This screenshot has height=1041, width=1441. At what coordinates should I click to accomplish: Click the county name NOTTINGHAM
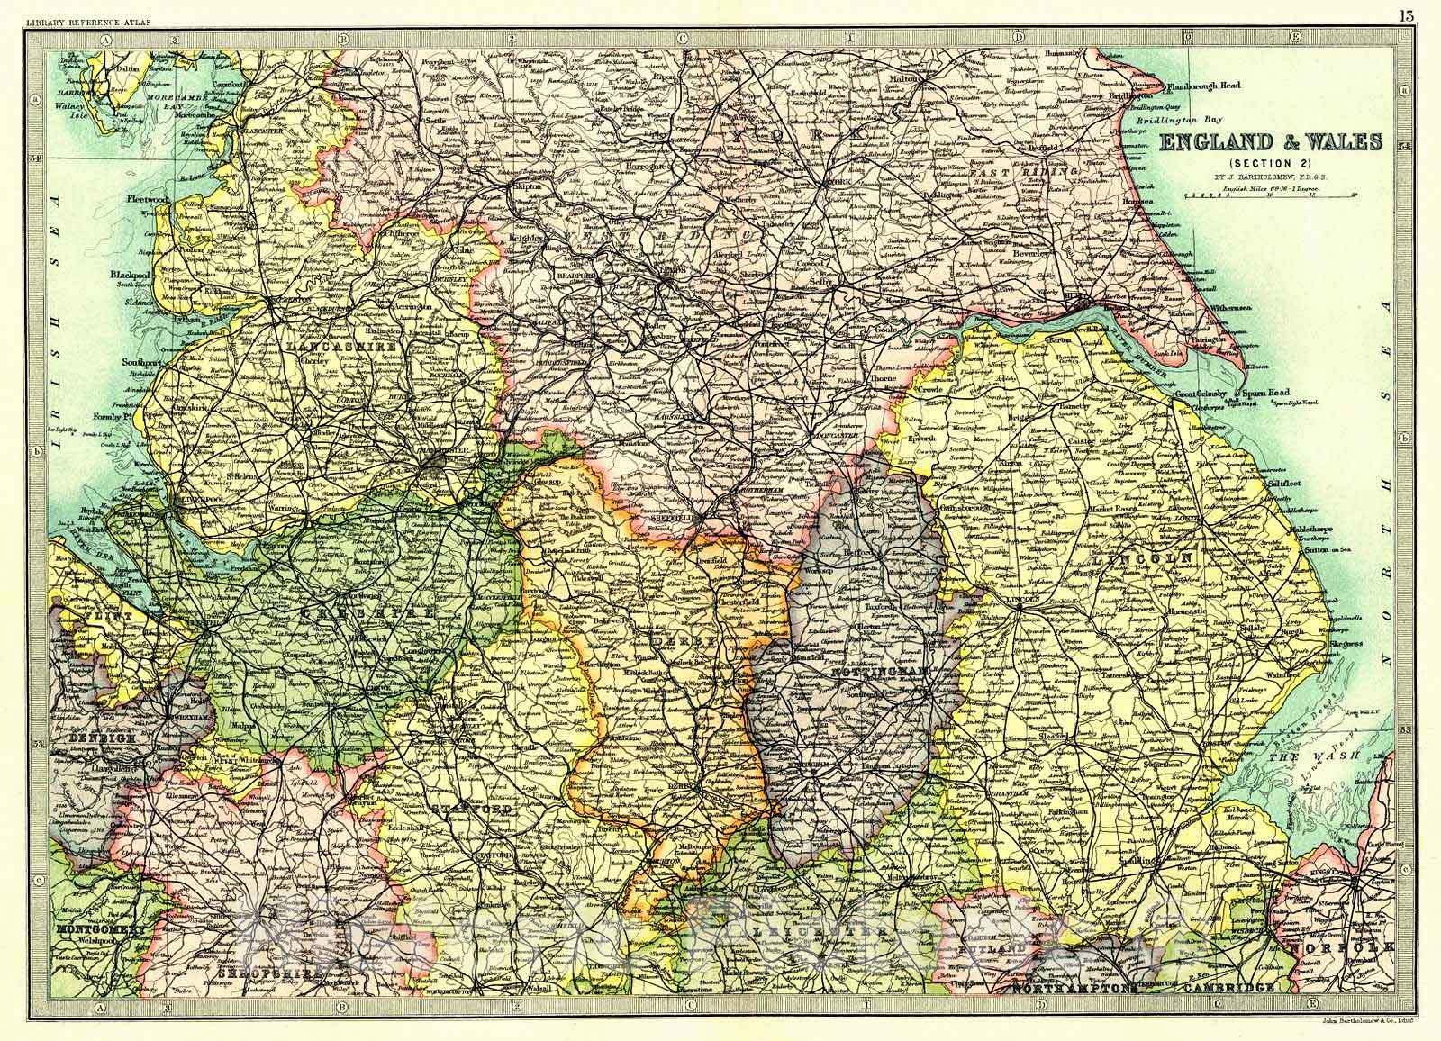(x=863, y=673)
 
